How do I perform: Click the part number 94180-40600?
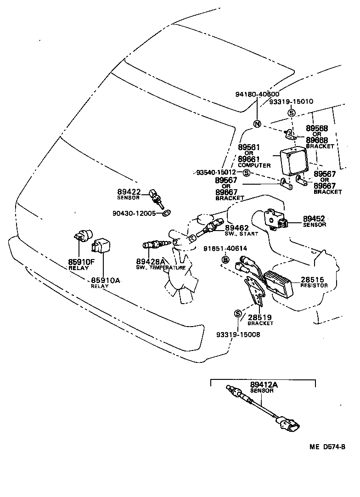pyautogui.click(x=257, y=94)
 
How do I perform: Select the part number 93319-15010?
pyautogui.click(x=291, y=102)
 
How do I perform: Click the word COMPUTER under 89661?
pyautogui.click(x=254, y=165)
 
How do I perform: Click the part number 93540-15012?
pyautogui.click(x=216, y=173)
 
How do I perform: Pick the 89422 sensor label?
pyautogui.click(x=129, y=192)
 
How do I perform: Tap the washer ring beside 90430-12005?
pyautogui.click(x=167, y=213)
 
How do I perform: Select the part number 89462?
pyautogui.click(x=237, y=228)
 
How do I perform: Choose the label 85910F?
pyautogui.click(x=82, y=262)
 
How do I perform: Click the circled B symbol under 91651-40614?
pyautogui.click(x=225, y=260)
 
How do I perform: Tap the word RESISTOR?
pyautogui.click(x=314, y=285)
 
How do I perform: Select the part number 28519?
pyautogui.click(x=260, y=317)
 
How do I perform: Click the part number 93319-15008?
pyautogui.click(x=238, y=334)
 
